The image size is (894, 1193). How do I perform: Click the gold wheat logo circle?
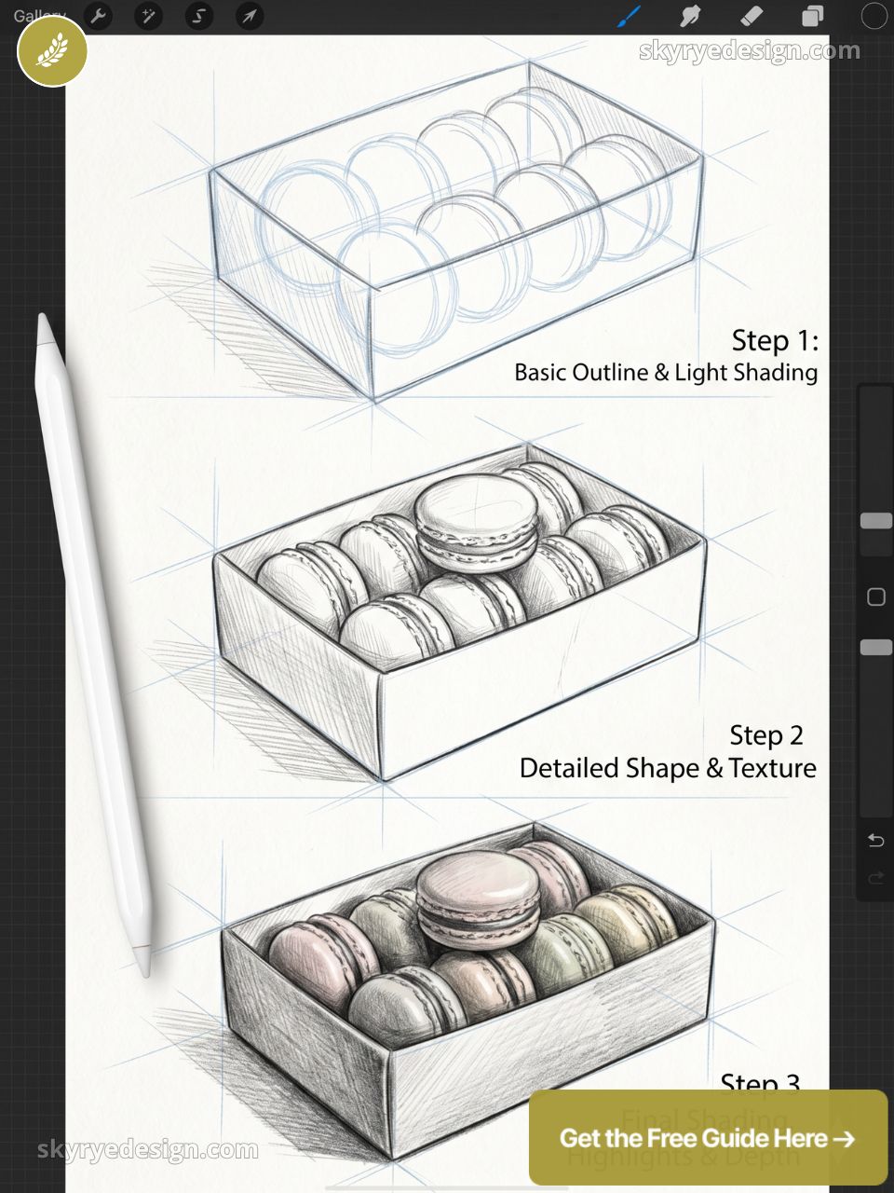coord(52,52)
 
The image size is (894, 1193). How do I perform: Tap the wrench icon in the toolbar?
coord(98,16)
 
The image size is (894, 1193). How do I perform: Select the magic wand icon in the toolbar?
coord(148,16)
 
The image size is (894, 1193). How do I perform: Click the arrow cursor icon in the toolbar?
coord(249,16)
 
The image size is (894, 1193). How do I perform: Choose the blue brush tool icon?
coord(630,16)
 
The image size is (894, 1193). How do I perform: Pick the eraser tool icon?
coord(751,16)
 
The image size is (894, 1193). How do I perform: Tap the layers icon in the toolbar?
coord(812,16)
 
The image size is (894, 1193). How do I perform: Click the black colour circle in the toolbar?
coord(874,16)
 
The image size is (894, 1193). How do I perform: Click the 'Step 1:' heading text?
coord(774,341)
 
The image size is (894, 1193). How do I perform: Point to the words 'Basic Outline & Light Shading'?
coord(666,373)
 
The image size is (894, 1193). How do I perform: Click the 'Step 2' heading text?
coord(765,735)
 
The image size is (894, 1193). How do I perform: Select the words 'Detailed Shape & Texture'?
coord(668,768)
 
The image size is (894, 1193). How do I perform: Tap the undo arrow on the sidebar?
coord(875,841)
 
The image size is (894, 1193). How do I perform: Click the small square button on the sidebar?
coord(875,596)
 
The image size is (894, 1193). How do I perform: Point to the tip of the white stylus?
coord(43,320)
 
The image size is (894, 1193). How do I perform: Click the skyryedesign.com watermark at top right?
coord(749,51)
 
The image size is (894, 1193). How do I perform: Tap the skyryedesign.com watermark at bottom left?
coord(147,1150)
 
